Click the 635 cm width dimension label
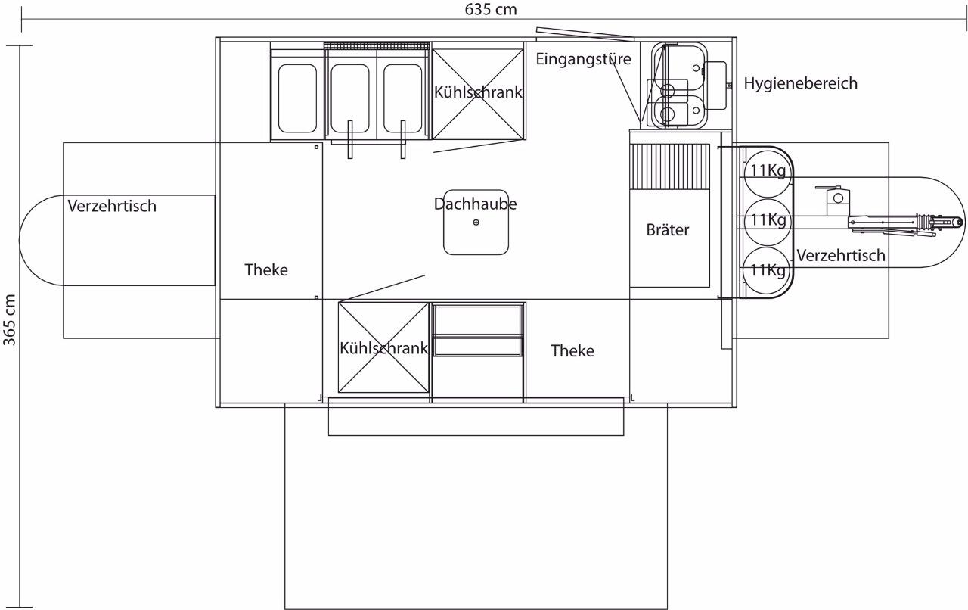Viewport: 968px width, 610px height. pos(491,10)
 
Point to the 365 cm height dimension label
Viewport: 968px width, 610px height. pos(10,320)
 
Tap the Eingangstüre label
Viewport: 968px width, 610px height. pos(583,59)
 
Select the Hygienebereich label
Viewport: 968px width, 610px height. pos(800,83)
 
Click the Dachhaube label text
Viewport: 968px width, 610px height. pos(476,204)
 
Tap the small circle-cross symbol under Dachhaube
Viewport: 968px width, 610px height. pos(476,223)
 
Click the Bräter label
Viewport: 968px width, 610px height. pos(668,230)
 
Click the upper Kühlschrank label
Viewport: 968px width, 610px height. pos(478,92)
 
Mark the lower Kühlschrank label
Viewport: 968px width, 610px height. pos(383,348)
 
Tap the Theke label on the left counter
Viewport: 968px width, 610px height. pos(266,270)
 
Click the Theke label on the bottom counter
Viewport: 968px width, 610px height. pos(572,351)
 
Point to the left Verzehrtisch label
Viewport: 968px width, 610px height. pos(112,207)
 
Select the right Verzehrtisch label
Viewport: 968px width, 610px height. pos(841,256)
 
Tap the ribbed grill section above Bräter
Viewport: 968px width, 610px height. pos(669,167)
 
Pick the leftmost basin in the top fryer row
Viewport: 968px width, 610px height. pos(297,98)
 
